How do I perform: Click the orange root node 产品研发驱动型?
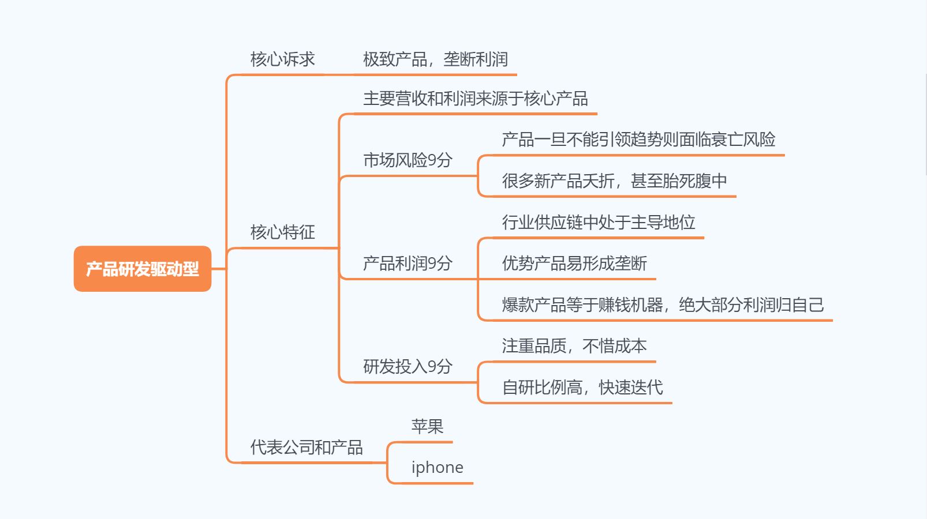(143, 269)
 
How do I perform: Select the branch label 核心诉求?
(282, 59)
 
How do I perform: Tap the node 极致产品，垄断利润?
(435, 59)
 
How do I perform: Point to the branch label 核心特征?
(282, 232)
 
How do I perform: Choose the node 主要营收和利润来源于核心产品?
(475, 99)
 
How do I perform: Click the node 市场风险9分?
(407, 160)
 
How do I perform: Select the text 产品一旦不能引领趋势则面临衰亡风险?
(638, 140)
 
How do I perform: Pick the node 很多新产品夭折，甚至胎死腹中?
(614, 181)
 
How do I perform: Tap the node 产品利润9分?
(407, 264)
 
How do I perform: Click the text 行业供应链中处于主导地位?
(599, 223)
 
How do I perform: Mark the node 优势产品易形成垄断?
(574, 264)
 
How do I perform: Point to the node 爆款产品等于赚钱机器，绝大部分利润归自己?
(663, 305)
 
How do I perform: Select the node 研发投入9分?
(407, 367)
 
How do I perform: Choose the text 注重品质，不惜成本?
(574, 346)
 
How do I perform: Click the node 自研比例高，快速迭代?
(582, 388)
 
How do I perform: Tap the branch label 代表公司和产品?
(306, 447)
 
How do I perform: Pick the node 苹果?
(427, 427)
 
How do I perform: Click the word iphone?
(437, 468)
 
